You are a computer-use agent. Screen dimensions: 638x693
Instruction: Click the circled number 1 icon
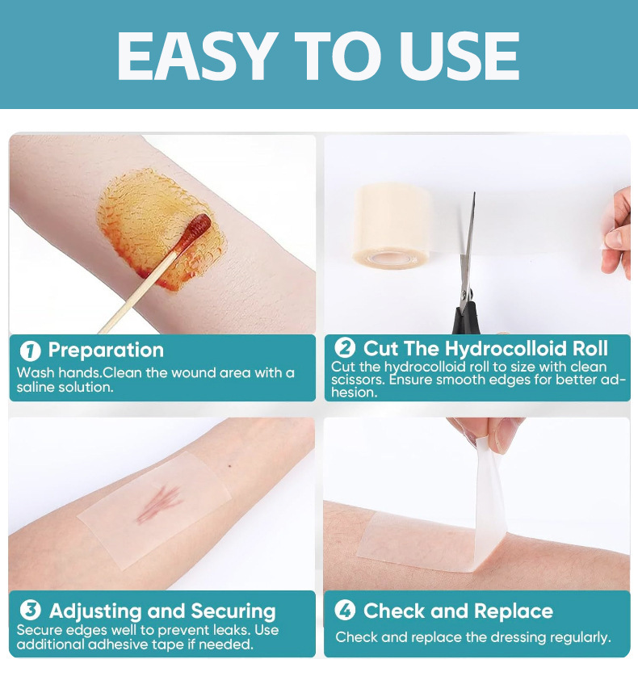pos(30,351)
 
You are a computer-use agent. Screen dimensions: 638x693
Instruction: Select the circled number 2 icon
pos(345,347)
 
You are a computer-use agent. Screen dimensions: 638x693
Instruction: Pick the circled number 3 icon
pos(30,611)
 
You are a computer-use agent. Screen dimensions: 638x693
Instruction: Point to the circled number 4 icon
pos(345,611)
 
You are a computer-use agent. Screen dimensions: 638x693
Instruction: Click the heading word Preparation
pos(106,351)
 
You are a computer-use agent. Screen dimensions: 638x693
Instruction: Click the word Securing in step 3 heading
pos(233,611)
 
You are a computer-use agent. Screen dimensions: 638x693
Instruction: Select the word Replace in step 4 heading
pos(514,611)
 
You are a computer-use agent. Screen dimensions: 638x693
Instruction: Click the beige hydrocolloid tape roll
pos(392,225)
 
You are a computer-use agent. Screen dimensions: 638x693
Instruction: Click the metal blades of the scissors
pos(468,247)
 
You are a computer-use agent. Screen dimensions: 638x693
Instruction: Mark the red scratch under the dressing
pos(160,503)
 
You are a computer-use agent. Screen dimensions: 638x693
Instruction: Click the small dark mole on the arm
pos(230,467)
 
